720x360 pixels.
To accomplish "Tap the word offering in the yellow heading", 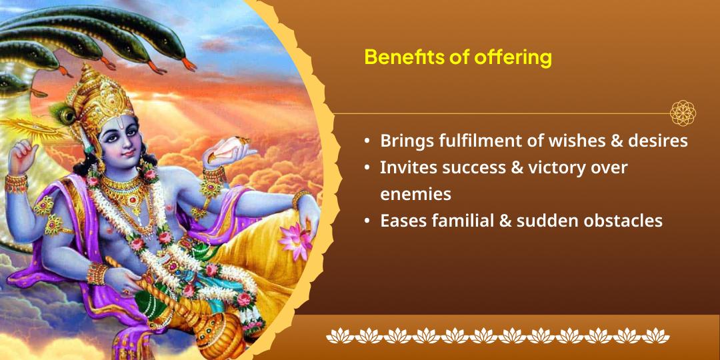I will click(513, 58).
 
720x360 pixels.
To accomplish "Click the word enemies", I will click(415, 193).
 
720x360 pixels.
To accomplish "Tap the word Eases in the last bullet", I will click(402, 220).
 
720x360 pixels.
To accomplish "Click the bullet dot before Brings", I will click(367, 142).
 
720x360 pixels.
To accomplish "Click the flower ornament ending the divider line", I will click(683, 113).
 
